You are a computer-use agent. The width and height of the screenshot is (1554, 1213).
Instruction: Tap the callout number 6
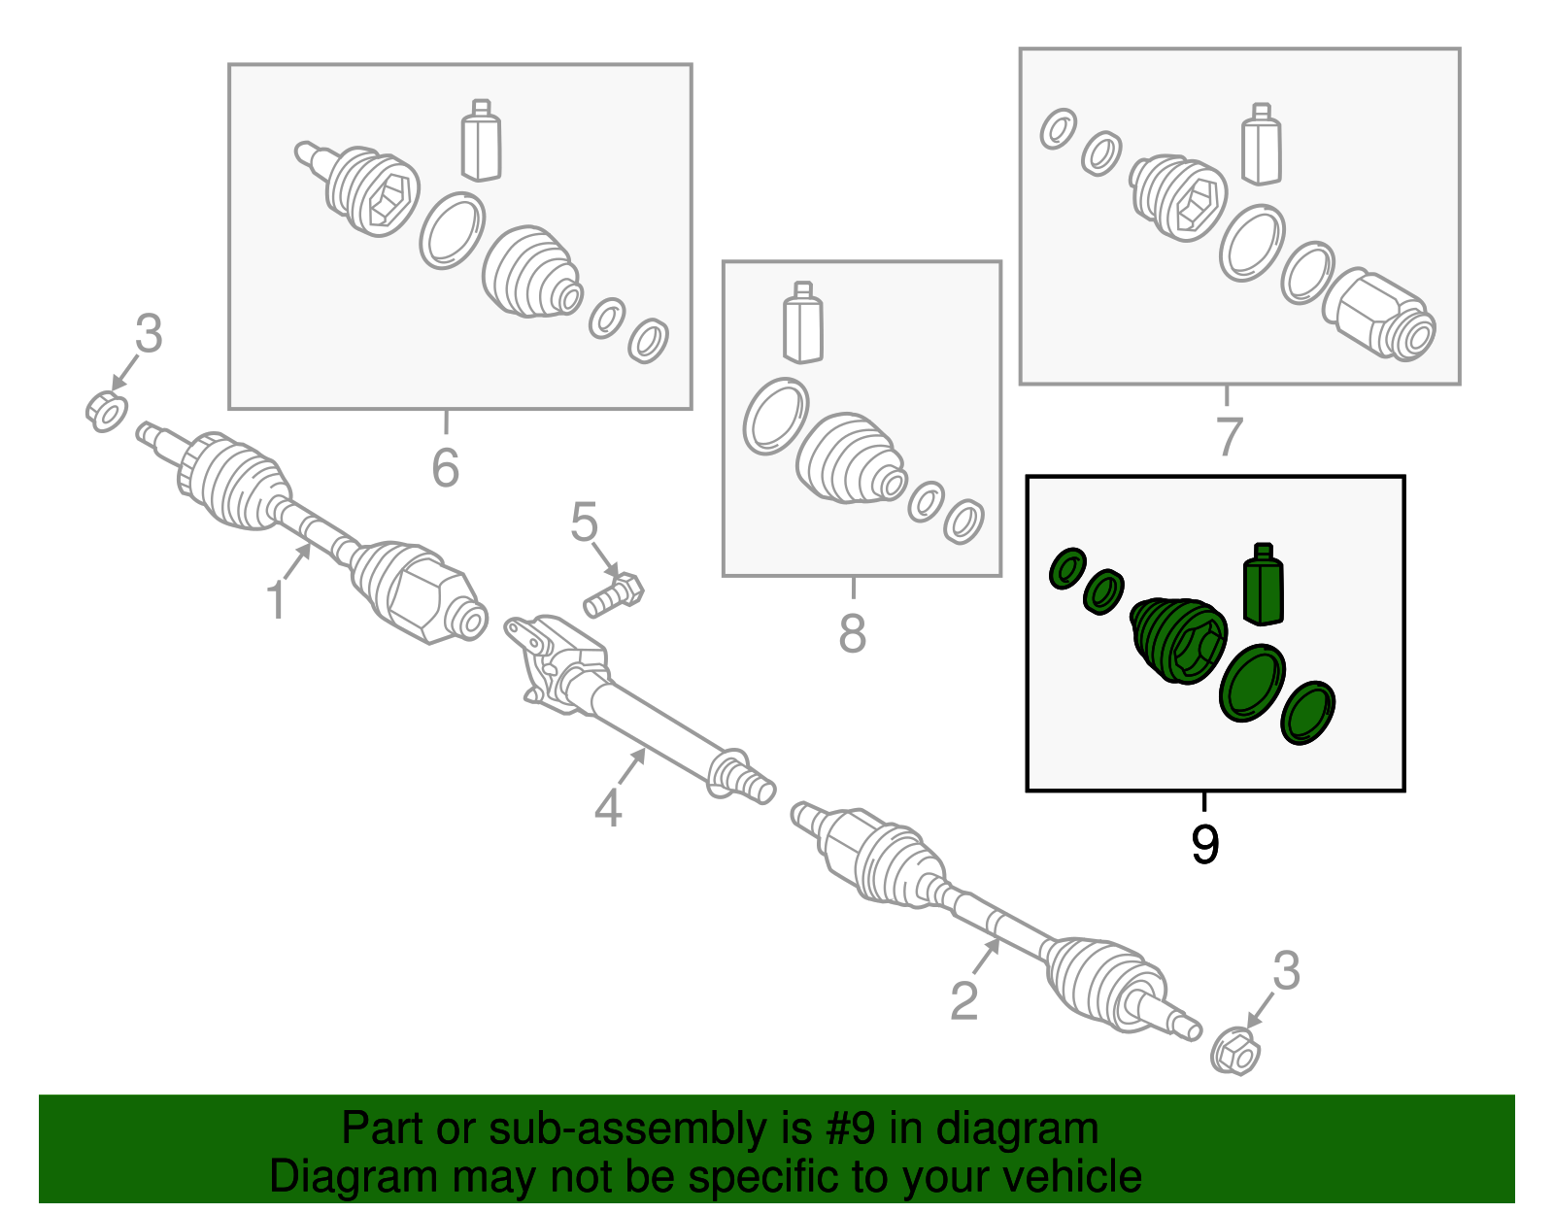(445, 467)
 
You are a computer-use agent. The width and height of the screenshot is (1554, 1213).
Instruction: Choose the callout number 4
(608, 808)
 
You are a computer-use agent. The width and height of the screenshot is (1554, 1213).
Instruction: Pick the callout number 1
(276, 600)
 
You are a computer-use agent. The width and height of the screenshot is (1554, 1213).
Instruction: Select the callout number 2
(963, 1000)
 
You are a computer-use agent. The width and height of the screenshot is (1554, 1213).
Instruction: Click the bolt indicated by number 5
(614, 595)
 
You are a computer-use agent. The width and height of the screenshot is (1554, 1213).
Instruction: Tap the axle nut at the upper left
(107, 411)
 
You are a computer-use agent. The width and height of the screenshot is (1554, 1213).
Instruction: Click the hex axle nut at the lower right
(1235, 1051)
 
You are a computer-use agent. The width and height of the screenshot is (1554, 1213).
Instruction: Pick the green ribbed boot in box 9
(1178, 640)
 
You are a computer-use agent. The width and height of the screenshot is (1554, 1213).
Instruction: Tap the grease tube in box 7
(1262, 145)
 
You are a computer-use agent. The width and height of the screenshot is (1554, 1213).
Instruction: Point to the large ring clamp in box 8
(776, 416)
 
